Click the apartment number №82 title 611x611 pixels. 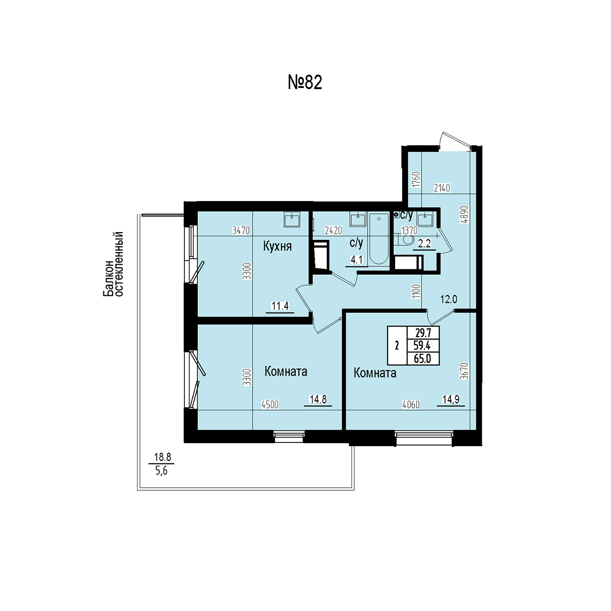pyautogui.click(x=304, y=82)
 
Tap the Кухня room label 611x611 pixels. pyautogui.click(x=277, y=246)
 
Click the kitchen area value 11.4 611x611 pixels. pyautogui.click(x=280, y=306)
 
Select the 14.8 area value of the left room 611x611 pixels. pyautogui.click(x=318, y=399)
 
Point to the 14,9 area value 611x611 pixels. pyautogui.click(x=451, y=399)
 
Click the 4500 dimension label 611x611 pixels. pyautogui.click(x=270, y=405)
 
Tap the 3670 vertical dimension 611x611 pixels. pyautogui.click(x=464, y=371)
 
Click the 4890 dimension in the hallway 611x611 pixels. pyautogui.click(x=464, y=215)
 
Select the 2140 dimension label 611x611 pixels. pyautogui.click(x=441, y=188)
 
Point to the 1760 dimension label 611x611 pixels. pyautogui.click(x=416, y=179)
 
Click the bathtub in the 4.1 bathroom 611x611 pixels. pyautogui.click(x=379, y=239)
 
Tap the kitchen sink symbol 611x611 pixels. pyautogui.click(x=292, y=219)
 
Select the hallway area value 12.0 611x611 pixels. pyautogui.click(x=449, y=299)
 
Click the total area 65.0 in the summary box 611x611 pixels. pyautogui.click(x=422, y=358)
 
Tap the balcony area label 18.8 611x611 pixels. pyautogui.click(x=162, y=457)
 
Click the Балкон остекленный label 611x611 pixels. pyautogui.click(x=113, y=264)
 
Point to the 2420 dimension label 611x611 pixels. pyautogui.click(x=333, y=231)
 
